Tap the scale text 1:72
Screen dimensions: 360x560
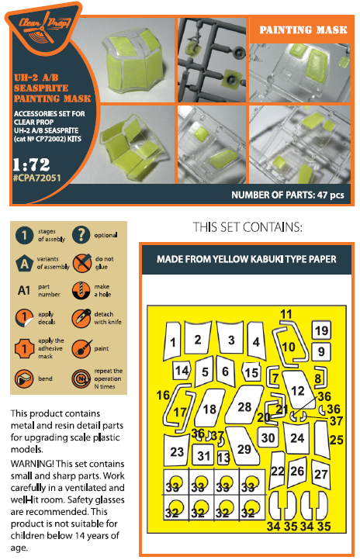[x=31, y=164]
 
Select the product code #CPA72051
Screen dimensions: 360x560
[x=36, y=178]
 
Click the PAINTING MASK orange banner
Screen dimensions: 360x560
[x=303, y=29]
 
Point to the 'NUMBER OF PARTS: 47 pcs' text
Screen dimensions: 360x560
[x=288, y=195]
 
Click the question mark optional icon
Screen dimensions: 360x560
[x=81, y=235]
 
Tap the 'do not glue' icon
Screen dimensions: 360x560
[x=81, y=263]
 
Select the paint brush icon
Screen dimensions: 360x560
[x=81, y=349]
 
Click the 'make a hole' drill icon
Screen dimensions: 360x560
[x=81, y=291]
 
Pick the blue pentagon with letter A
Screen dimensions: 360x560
[x=24, y=264]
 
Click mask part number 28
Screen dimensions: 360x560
[x=244, y=406]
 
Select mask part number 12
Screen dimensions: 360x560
[x=297, y=389]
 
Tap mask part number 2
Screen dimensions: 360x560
[x=198, y=339]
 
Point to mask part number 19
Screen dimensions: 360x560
[x=321, y=330]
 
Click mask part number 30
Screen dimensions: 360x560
[x=268, y=438]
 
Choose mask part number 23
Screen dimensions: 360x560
[x=176, y=451]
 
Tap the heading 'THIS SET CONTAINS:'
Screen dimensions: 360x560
[x=247, y=227]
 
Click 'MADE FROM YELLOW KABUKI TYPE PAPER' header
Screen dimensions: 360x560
[x=247, y=259]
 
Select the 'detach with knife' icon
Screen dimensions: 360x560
[x=81, y=318]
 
